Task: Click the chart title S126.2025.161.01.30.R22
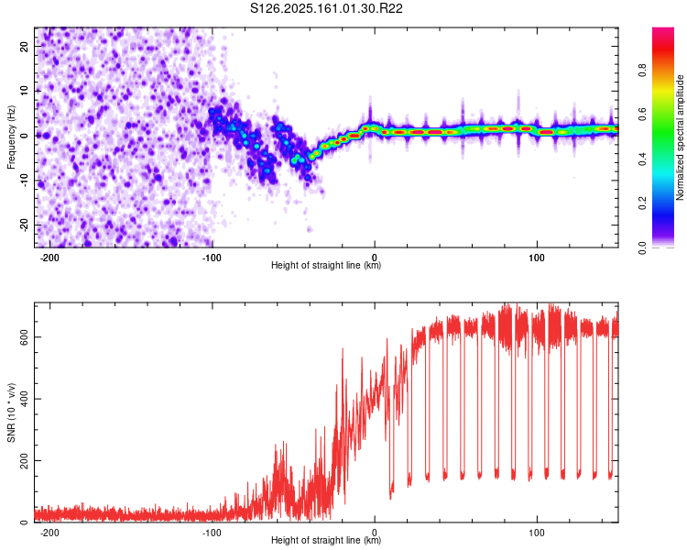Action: pos(326,8)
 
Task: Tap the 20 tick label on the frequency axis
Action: pos(24,46)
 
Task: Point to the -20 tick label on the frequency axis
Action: pos(24,225)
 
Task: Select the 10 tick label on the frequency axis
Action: pos(24,91)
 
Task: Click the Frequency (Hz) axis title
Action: pos(11,137)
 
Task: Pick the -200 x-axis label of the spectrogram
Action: pos(49,258)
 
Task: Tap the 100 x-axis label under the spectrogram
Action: pos(537,258)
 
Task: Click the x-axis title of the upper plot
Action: pos(326,265)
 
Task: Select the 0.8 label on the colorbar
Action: pos(642,71)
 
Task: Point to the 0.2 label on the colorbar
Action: pos(642,203)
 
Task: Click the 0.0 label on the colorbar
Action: pos(642,247)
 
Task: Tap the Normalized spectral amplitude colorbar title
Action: pos(680,137)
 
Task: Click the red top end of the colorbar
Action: pos(663,29)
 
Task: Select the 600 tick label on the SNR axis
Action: pos(24,336)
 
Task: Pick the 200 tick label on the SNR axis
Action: pos(24,460)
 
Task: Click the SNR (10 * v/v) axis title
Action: pos(11,412)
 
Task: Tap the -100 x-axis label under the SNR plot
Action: pos(212,533)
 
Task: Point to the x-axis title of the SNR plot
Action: pos(326,540)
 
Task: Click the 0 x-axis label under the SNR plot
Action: pos(375,533)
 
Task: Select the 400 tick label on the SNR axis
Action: pos(24,399)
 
